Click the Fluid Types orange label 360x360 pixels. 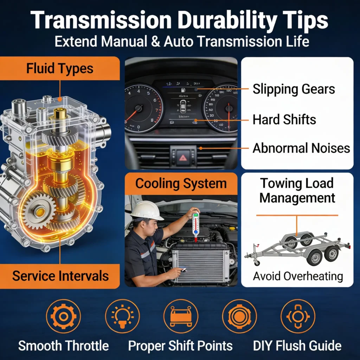click(60, 68)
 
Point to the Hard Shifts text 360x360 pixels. click(284, 120)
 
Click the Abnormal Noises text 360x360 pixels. click(301, 148)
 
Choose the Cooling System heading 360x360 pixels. click(181, 184)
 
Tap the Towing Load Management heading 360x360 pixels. click(297, 191)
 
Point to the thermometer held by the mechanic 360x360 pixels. click(196, 225)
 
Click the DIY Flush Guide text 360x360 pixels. click(297, 346)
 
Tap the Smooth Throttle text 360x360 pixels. click(63, 346)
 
